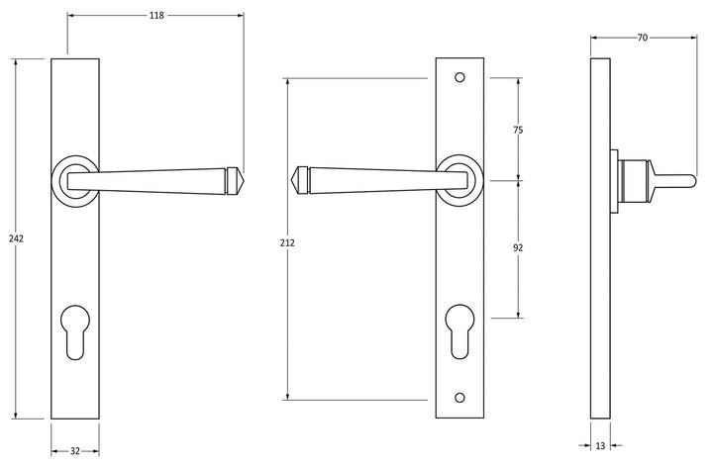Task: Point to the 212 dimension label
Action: [287, 240]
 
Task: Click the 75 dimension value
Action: [518, 130]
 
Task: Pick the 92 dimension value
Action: [518, 249]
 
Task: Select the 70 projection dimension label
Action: [642, 38]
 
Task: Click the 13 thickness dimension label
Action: [600, 446]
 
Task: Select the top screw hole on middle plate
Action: [460, 77]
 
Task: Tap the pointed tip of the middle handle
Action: [295, 181]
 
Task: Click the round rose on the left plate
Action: [73, 179]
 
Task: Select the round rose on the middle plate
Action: [460, 179]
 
